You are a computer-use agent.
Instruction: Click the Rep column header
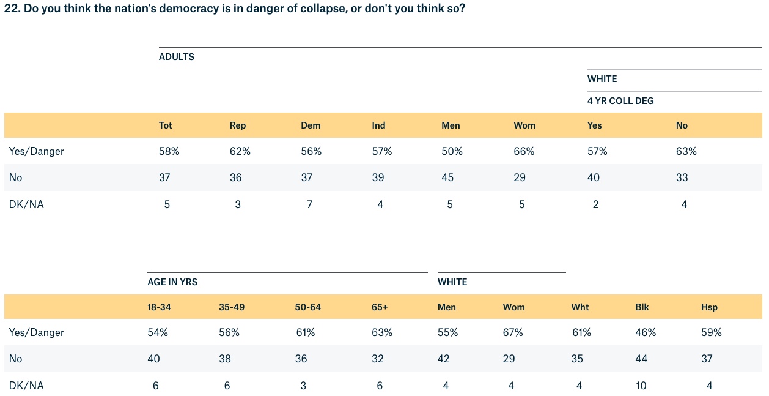click(238, 125)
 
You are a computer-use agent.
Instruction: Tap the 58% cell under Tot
click(169, 151)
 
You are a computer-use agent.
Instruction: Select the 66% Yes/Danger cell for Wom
click(524, 151)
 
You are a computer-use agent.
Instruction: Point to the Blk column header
click(642, 307)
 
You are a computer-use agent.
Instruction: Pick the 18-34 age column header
click(158, 307)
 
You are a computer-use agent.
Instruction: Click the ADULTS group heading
click(177, 57)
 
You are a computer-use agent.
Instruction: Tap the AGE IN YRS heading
click(172, 282)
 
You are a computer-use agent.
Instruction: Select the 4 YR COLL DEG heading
click(620, 101)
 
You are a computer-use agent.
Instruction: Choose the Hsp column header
click(709, 307)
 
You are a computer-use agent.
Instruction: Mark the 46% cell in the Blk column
click(646, 332)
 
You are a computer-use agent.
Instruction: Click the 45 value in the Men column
click(449, 177)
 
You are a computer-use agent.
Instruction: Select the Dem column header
click(311, 125)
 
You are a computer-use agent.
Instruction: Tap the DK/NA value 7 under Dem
click(309, 204)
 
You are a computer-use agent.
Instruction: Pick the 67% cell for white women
click(513, 332)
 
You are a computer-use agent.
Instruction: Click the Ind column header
click(378, 125)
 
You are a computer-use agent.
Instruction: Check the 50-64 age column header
click(307, 307)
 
